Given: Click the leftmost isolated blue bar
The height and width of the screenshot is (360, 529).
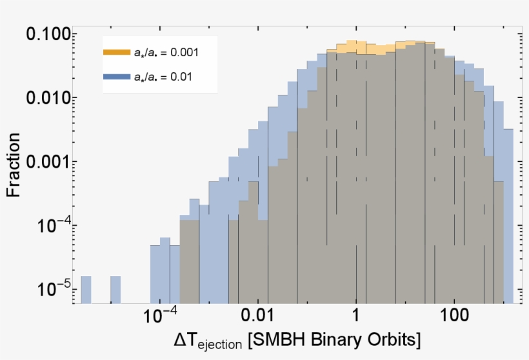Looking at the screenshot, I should point(86,290).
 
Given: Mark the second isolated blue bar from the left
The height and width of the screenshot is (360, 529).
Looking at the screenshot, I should point(115,290).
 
